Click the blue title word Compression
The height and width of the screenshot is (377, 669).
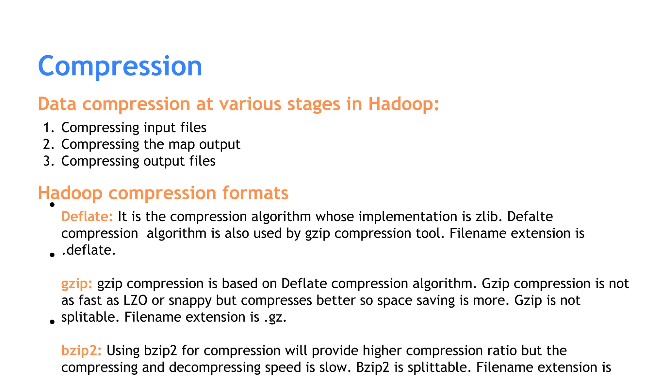120,66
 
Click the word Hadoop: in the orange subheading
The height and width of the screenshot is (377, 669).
403,104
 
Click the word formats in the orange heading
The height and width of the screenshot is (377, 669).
255,193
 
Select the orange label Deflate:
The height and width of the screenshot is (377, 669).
87,217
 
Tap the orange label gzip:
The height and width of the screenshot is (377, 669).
77,284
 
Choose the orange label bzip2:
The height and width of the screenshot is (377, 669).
81,350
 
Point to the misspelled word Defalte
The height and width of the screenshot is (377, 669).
530,217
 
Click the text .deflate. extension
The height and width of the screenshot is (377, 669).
89,250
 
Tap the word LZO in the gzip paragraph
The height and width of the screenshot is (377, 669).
135,300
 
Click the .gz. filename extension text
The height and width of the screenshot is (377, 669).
275,317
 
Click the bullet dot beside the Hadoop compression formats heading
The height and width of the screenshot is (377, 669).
52,205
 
